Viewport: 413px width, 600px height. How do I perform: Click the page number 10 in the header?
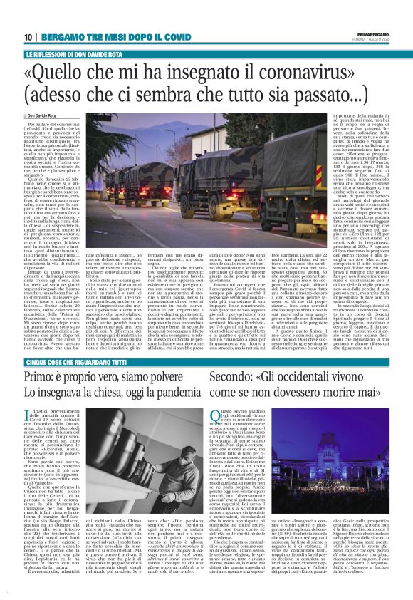pyautogui.click(x=27, y=36)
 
